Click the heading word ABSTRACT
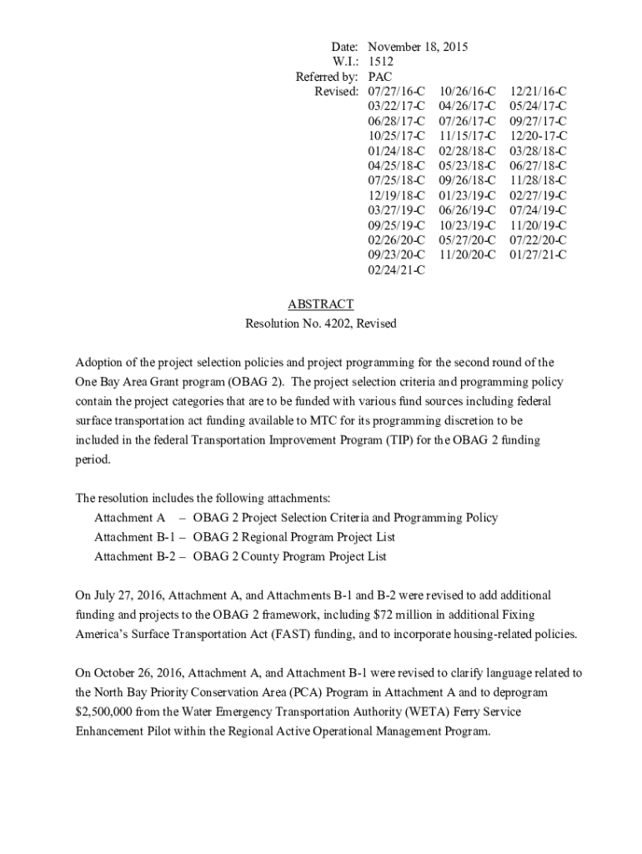click(320, 304)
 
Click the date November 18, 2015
click(418, 47)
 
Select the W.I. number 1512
click(380, 62)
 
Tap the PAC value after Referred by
click(380, 77)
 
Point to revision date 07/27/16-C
click(396, 91)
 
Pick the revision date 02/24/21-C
click(396, 269)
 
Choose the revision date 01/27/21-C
click(539, 254)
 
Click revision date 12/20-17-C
click(539, 135)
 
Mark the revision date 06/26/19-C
click(467, 210)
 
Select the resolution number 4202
click(336, 324)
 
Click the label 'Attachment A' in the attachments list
click(129, 518)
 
